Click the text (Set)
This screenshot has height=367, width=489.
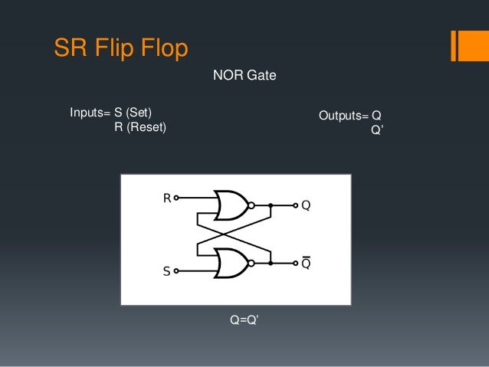point(146,113)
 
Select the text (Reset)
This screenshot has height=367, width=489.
point(140,127)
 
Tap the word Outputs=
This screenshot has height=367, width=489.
point(343,116)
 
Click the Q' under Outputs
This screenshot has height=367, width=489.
point(377,129)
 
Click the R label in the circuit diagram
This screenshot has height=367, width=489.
point(166,198)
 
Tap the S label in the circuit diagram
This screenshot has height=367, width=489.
point(166,270)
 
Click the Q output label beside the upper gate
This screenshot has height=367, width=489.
point(305,205)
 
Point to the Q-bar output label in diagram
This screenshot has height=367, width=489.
point(305,263)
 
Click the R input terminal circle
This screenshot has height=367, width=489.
point(177,198)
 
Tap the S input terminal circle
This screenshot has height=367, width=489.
point(177,270)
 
